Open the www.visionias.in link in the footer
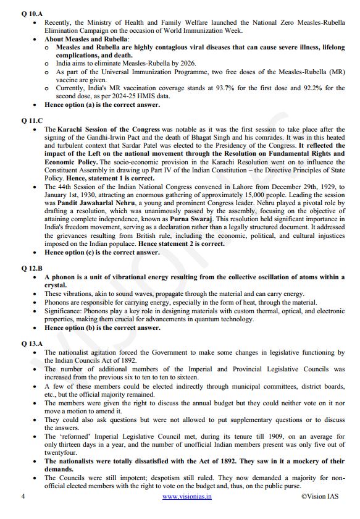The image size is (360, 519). tap(186, 496)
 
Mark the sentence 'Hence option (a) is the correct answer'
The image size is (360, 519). tap(103, 104)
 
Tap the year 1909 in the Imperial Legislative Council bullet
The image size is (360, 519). tap(252, 436)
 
